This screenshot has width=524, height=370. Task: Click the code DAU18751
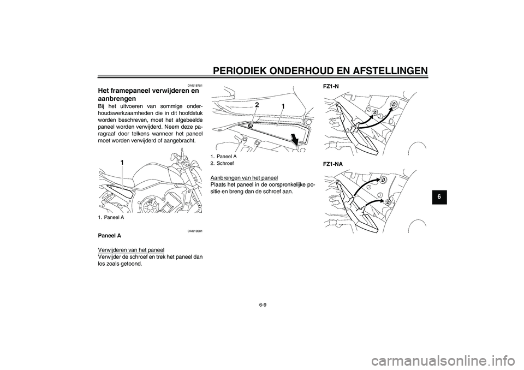195,85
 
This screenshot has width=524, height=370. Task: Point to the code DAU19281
195,231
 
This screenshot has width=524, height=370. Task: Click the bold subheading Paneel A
109,236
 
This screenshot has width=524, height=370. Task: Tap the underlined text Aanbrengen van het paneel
243,177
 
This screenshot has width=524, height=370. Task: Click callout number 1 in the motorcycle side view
123,162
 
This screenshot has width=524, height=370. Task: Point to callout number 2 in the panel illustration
256,104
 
